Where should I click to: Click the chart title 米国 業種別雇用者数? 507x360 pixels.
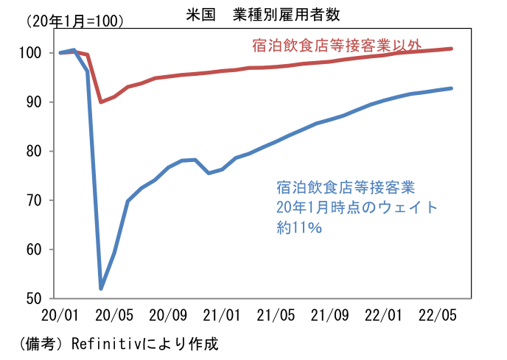coord(259,14)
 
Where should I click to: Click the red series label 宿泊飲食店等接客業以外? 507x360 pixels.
coord(333,46)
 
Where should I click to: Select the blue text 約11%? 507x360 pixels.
coord(299,228)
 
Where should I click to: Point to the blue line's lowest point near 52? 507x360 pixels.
coord(101,288)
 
